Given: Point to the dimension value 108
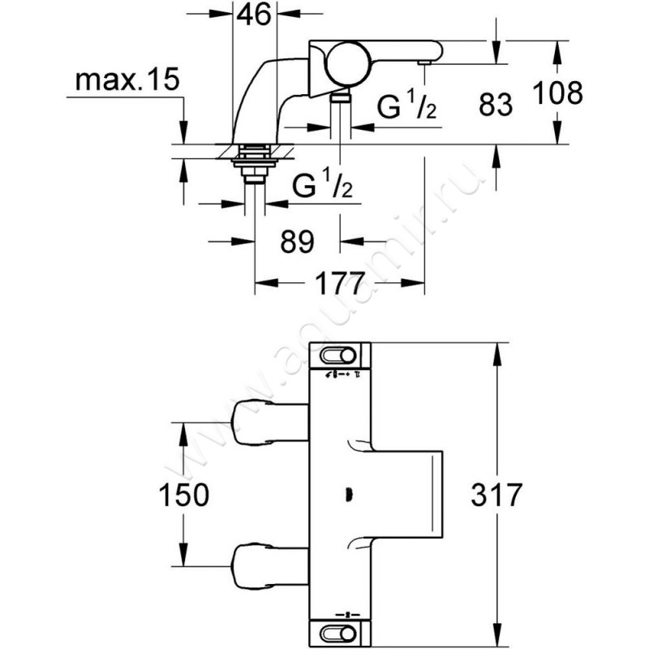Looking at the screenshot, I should pyautogui.click(x=558, y=93).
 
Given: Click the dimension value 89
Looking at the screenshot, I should pyautogui.click(x=298, y=241).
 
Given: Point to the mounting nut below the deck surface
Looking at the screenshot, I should pyautogui.click(x=254, y=162).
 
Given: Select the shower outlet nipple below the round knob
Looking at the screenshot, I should pyautogui.click(x=342, y=97).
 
